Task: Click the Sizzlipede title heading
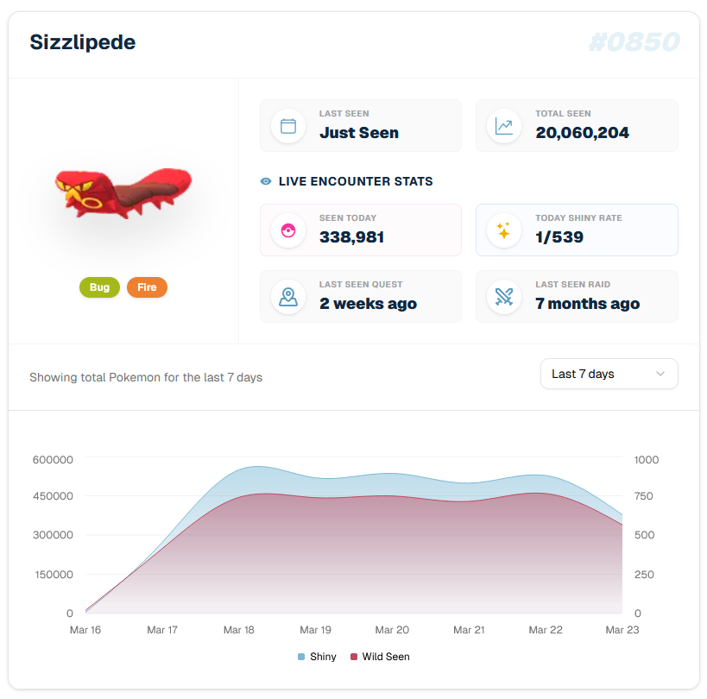pos(83,41)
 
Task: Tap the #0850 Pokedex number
pos(634,41)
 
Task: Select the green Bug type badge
pos(99,287)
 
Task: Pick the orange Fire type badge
pos(147,287)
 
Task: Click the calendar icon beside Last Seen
pos(288,126)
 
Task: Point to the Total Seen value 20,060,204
pos(582,133)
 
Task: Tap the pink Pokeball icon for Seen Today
pos(288,230)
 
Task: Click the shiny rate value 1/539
pos(559,237)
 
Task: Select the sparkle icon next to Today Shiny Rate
pos(504,230)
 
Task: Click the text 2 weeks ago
pos(368,304)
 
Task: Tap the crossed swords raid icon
pos(504,297)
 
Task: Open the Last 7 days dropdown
pos(609,374)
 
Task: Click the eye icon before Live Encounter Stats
pos(266,182)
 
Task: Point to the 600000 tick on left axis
pos(53,460)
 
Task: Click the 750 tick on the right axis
pos(644,496)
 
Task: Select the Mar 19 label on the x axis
pos(315,630)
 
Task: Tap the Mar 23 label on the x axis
pos(622,630)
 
